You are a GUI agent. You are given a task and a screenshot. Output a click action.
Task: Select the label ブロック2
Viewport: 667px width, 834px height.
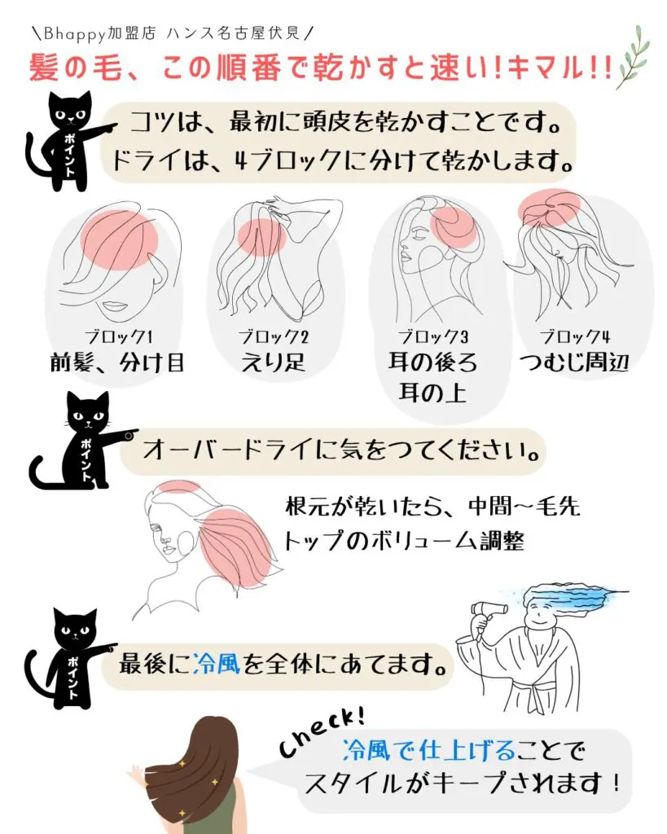pos(274,335)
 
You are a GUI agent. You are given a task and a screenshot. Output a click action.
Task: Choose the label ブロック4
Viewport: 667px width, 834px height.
pos(574,335)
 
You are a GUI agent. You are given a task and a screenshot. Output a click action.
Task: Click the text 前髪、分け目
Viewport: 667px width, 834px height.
pos(117,362)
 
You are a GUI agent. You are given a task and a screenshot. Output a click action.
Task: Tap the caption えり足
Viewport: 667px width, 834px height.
pos(274,362)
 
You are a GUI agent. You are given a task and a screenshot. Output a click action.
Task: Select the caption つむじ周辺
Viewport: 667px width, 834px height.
pos(574,362)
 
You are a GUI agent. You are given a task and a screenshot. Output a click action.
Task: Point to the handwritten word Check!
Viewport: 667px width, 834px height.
pos(323,733)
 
